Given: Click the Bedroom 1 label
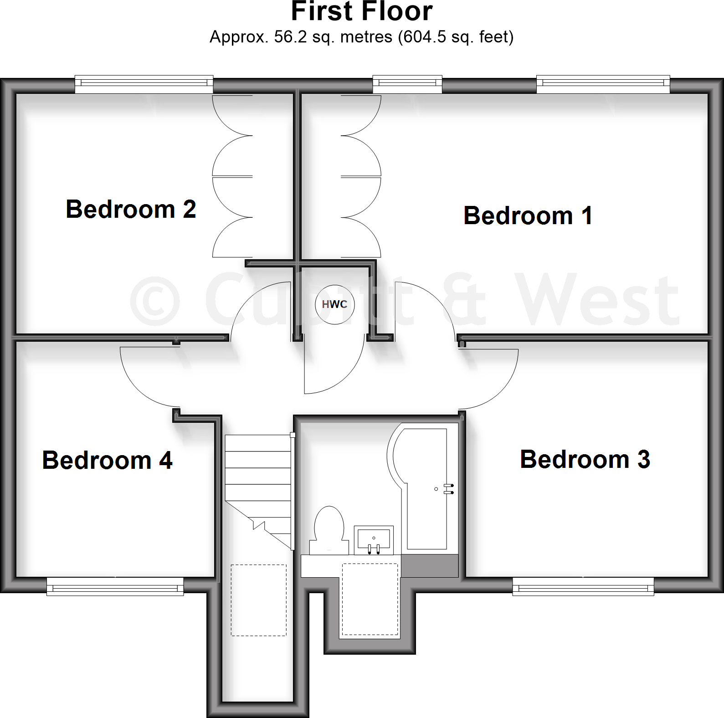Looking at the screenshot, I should tap(528, 215).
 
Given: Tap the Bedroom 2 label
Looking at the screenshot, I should tap(131, 209).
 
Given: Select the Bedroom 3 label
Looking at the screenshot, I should tap(585, 459).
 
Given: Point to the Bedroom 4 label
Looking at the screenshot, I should tap(107, 460).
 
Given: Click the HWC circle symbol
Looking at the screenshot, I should tap(335, 304).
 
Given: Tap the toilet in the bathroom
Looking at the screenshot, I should tap(329, 528).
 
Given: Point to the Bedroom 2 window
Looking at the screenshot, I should tap(144, 84).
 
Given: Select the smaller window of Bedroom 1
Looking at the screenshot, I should tap(407, 84).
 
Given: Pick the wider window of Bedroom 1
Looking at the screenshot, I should tap(603, 84).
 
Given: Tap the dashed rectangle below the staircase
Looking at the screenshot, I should tap(258, 600).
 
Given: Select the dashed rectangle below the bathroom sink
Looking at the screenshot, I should tap(370, 599).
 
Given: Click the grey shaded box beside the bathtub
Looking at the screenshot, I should tap(430, 566).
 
